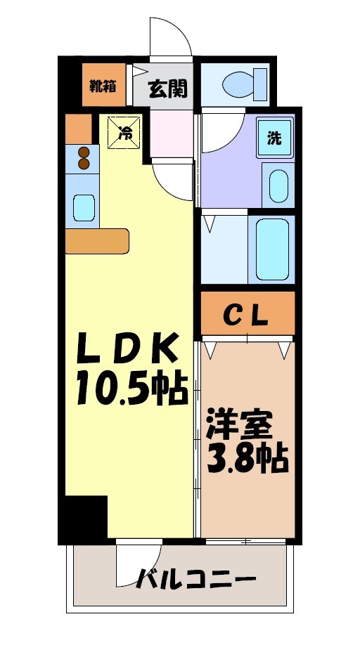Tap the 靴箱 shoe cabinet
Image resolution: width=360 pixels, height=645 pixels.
[x=103, y=86]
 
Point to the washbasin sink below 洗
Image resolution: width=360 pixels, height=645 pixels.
[x=278, y=185]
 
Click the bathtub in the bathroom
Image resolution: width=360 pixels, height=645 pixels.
[x=272, y=249]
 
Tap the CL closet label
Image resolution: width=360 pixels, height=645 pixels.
[x=246, y=315]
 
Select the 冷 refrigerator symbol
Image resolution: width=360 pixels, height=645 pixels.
[x=124, y=131]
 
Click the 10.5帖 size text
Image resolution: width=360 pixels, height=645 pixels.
[x=131, y=389]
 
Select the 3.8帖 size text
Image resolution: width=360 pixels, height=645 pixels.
[x=246, y=460]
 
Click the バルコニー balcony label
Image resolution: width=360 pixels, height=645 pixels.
[x=195, y=582]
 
